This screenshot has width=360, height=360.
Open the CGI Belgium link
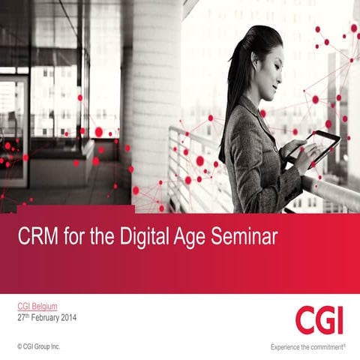coord(37,306)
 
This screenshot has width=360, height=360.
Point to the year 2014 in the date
coord(66,317)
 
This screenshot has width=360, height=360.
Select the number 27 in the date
coord(22,317)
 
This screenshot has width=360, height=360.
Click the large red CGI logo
coord(319,319)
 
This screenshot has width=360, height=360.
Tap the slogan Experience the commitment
coord(308,346)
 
